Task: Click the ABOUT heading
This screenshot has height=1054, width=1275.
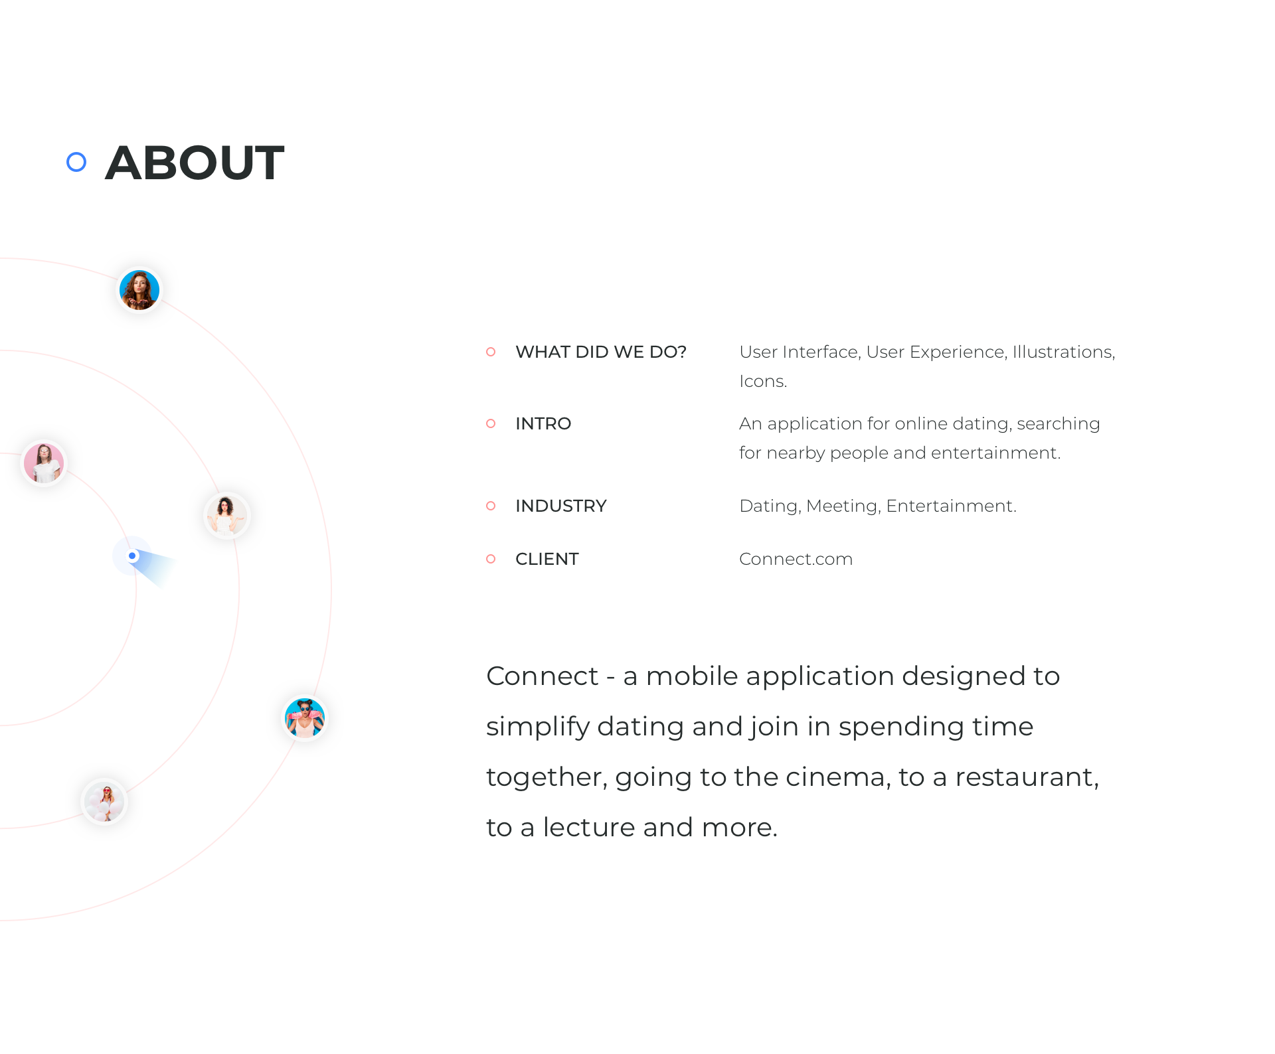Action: point(195,163)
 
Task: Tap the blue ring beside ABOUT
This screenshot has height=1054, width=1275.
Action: point(76,162)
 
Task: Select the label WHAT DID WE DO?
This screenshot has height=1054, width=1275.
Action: point(601,352)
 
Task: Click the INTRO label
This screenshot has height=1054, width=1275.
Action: point(543,423)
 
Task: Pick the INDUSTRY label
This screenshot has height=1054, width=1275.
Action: point(561,506)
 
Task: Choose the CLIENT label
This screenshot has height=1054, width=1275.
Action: point(547,559)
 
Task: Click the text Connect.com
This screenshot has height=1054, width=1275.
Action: point(796,559)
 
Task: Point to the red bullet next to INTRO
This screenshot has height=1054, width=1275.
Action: point(491,423)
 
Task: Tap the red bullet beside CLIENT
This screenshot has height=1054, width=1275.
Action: point(491,559)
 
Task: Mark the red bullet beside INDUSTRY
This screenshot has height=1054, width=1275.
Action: point(491,506)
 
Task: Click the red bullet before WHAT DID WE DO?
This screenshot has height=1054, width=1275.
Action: point(491,352)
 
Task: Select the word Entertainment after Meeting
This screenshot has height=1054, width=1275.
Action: point(950,506)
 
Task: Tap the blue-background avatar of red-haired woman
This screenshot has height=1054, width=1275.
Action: point(139,290)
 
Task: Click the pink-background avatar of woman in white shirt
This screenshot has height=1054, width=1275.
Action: point(44,463)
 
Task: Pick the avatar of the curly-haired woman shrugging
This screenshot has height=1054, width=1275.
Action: point(226,516)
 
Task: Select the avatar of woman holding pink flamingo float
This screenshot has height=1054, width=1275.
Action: point(305,718)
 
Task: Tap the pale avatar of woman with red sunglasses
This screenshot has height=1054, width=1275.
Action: point(104,802)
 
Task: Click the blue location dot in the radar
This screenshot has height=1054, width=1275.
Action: point(132,556)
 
